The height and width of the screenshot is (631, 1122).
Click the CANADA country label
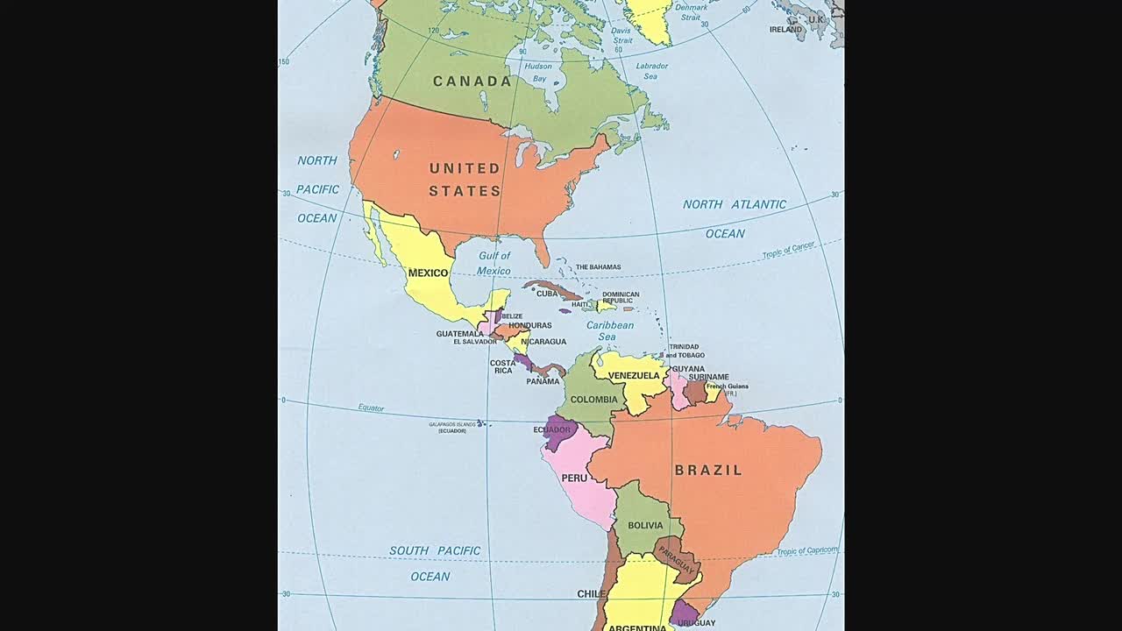pyautogui.click(x=472, y=82)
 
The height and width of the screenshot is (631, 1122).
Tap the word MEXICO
pyautogui.click(x=428, y=273)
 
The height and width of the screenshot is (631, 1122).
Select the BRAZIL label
pyautogui.click(x=708, y=471)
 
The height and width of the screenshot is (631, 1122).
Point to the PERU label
pyautogui.click(x=574, y=478)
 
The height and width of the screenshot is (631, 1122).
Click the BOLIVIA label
pyautogui.click(x=645, y=525)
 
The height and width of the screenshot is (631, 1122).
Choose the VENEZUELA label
pyautogui.click(x=634, y=376)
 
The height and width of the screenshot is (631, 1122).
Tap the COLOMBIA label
pyautogui.click(x=594, y=400)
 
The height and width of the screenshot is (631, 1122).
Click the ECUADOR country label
pyautogui.click(x=552, y=429)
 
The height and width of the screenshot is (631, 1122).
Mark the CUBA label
pyautogui.click(x=547, y=294)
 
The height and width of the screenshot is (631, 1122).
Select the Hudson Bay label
pyautogui.click(x=537, y=72)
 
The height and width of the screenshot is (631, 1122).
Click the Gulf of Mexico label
pyautogui.click(x=494, y=263)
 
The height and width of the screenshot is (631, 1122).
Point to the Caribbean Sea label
pyautogui.click(x=609, y=330)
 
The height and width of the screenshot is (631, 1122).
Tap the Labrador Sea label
pyautogui.click(x=651, y=71)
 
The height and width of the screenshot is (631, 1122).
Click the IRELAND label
pyautogui.click(x=785, y=29)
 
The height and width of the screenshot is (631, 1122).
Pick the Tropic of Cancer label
pyautogui.click(x=788, y=250)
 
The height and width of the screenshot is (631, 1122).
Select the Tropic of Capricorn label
pyautogui.click(x=806, y=551)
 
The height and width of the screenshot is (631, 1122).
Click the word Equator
pyautogui.click(x=371, y=408)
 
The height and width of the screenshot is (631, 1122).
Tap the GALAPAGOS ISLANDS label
pyautogui.click(x=452, y=424)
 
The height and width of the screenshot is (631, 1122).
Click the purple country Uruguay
pyautogui.click(x=685, y=612)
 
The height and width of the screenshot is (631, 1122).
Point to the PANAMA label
pyautogui.click(x=543, y=381)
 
